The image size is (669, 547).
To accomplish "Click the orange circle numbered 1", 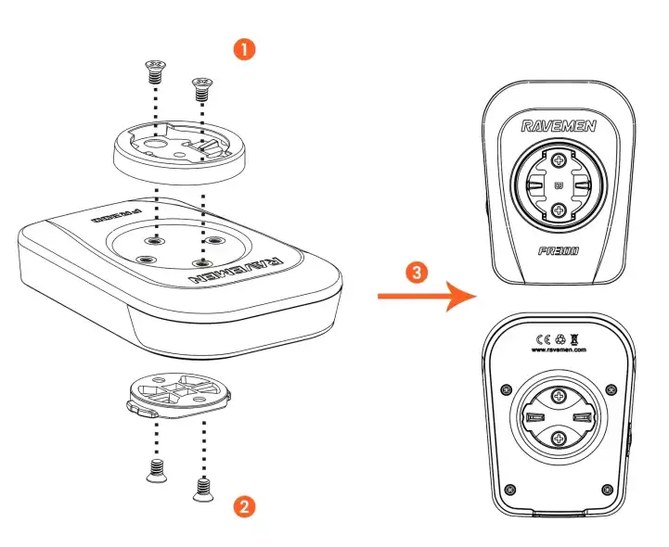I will click(244, 50).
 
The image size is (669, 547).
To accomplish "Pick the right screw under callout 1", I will click(200, 90).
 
